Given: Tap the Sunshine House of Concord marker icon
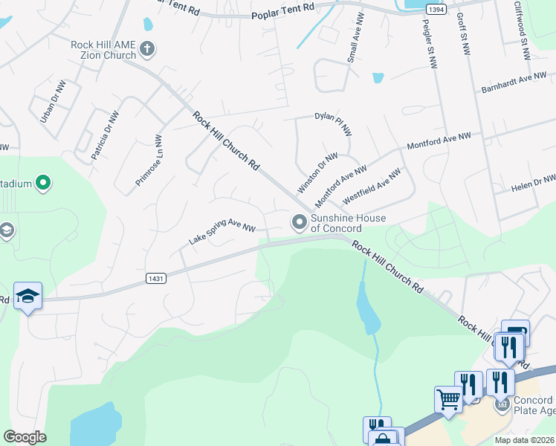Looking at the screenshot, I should (x=300, y=222).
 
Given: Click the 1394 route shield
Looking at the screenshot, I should (x=437, y=8).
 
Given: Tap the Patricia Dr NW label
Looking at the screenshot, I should (x=105, y=136).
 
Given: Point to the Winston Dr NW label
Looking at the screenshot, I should (x=317, y=172).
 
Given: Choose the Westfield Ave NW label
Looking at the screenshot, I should (x=371, y=187).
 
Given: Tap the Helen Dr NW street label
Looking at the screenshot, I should (x=533, y=184).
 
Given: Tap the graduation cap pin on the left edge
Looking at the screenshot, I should (x=28, y=296).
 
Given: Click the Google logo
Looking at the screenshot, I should (x=25, y=436).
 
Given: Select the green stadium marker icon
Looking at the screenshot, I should (x=43, y=182).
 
